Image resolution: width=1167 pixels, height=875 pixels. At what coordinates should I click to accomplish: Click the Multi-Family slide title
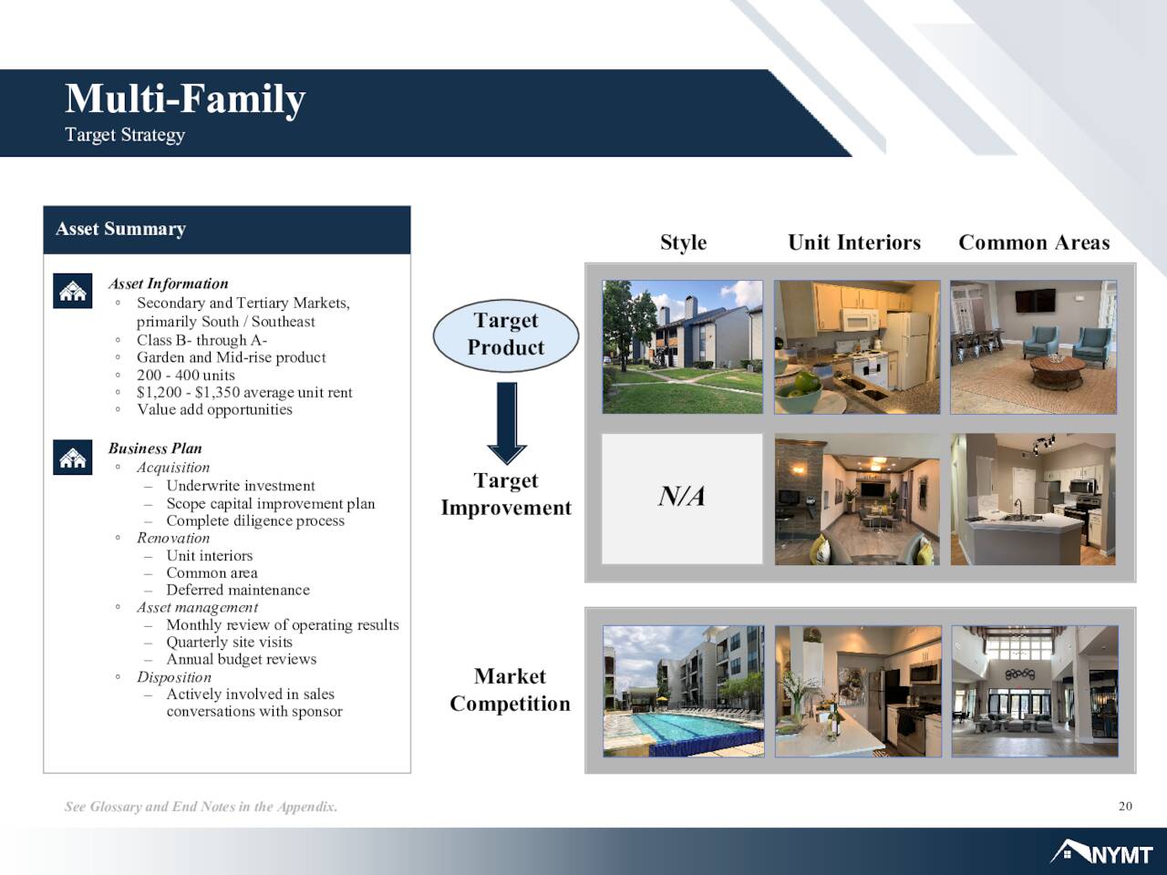(x=185, y=99)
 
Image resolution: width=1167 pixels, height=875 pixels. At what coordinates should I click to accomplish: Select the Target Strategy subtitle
(x=125, y=135)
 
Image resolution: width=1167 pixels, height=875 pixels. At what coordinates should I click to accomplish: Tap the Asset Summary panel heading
(x=120, y=229)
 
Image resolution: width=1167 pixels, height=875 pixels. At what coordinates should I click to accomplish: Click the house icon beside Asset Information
(x=72, y=291)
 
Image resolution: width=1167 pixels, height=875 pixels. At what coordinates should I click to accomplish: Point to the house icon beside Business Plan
(x=72, y=457)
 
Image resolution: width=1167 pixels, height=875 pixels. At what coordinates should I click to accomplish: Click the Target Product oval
(x=506, y=335)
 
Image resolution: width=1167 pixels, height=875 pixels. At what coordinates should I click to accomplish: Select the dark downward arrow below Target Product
(x=507, y=424)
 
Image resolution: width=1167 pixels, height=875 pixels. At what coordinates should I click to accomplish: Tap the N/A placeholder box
(x=682, y=499)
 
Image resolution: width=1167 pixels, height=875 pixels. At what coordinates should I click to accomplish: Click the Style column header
(x=684, y=242)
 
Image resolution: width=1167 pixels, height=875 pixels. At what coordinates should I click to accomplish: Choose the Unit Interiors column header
(x=854, y=242)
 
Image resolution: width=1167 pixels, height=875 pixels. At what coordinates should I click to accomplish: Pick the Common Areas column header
(x=1034, y=242)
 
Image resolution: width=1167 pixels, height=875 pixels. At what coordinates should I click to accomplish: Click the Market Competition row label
(x=510, y=690)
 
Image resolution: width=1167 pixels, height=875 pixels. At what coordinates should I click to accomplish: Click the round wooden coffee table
(x=1058, y=371)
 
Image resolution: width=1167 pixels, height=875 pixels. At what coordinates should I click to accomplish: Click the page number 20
(x=1125, y=807)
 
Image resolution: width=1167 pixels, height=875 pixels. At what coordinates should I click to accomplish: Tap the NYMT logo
(x=1101, y=853)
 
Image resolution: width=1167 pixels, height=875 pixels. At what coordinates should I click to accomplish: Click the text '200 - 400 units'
(x=186, y=376)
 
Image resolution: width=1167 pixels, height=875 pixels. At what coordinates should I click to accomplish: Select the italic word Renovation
(x=173, y=538)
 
